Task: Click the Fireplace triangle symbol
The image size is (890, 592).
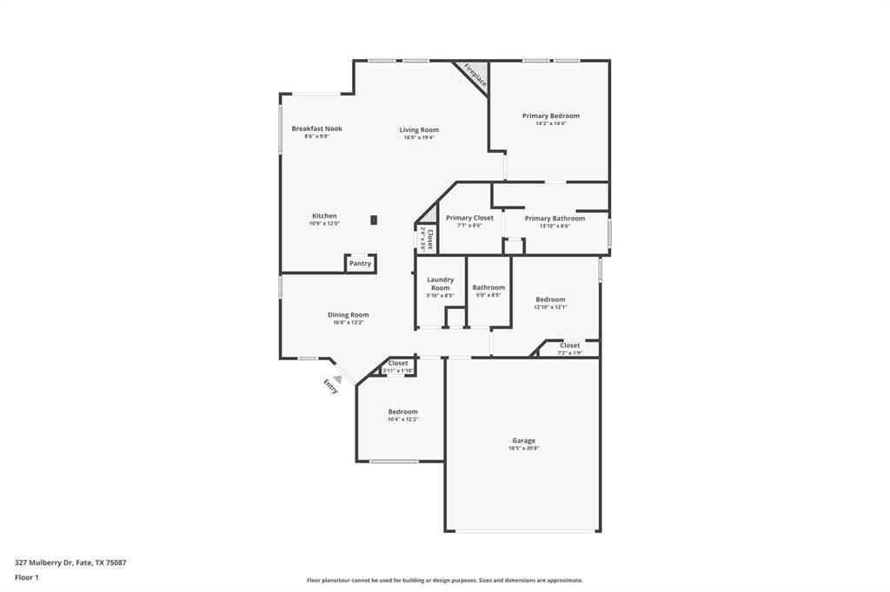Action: tap(475, 76)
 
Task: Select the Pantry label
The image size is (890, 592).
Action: tap(360, 264)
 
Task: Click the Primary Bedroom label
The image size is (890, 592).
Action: tap(550, 115)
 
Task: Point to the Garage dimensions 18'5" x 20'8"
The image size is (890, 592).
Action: tap(523, 448)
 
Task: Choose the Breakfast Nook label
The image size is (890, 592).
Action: tap(316, 128)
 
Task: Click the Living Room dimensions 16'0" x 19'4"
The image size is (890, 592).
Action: tap(419, 137)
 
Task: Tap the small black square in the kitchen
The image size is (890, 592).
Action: tap(374, 220)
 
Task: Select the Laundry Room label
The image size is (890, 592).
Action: tap(440, 284)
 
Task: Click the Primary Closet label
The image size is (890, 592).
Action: tap(469, 218)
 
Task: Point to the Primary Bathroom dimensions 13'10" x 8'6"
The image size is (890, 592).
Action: tap(555, 226)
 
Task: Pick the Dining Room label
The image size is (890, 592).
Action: tap(348, 315)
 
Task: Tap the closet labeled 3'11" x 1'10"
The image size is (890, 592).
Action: tap(398, 367)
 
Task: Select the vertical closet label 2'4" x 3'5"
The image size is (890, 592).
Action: tap(426, 238)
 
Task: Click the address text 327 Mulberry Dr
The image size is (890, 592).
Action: tap(43, 562)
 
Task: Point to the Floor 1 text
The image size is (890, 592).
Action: tap(27, 577)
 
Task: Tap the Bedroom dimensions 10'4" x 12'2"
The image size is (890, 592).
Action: tap(402, 419)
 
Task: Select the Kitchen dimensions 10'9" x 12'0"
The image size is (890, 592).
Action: tap(324, 224)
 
